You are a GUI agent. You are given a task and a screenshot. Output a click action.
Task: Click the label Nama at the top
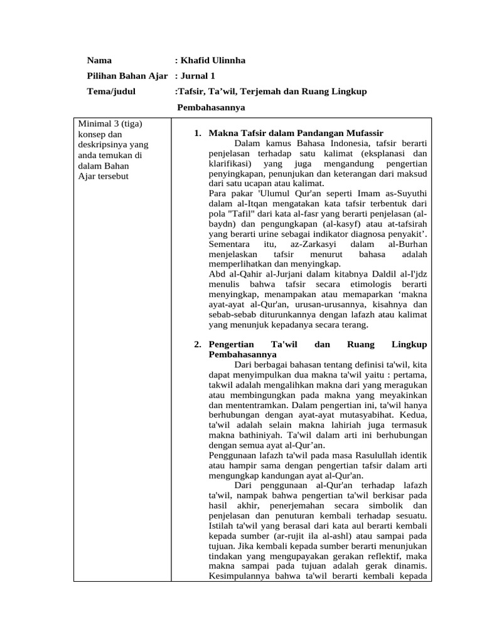point(99,61)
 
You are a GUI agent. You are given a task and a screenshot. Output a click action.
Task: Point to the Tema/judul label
point(110,92)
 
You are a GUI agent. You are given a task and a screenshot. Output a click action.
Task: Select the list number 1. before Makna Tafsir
point(198,133)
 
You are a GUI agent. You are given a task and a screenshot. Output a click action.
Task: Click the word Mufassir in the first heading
point(360,133)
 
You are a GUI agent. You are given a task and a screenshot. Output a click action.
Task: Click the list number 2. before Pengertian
point(198,345)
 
